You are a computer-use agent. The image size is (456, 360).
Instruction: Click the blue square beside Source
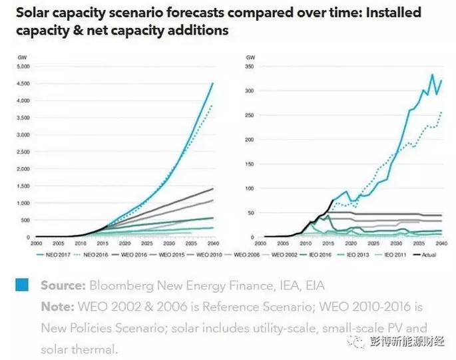point(22,285)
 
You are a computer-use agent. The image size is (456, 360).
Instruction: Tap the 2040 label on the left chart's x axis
point(213,244)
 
